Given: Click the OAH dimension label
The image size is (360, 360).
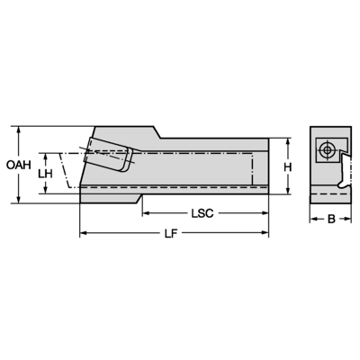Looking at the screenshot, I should [x=17, y=165].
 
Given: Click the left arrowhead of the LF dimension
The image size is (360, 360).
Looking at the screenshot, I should [x=85, y=234].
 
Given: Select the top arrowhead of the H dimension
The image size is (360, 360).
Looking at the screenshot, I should [x=287, y=141].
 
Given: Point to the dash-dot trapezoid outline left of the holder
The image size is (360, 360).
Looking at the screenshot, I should [x=67, y=171].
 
